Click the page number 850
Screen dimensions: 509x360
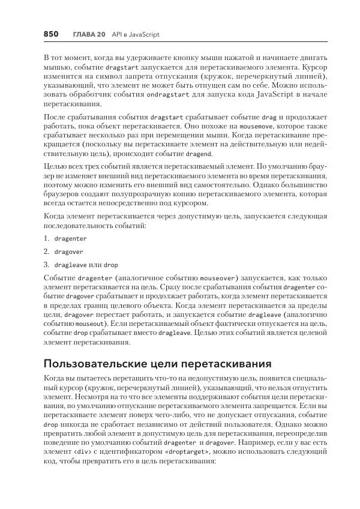click(x=50, y=35)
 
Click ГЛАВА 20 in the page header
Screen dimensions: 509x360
click(x=89, y=35)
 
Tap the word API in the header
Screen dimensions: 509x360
click(x=118, y=35)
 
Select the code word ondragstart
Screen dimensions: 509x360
click(x=169, y=94)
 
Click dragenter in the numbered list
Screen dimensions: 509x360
click(x=70, y=238)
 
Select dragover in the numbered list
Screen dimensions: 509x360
click(x=68, y=251)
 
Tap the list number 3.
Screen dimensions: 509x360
click(x=46, y=265)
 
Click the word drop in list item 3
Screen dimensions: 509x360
click(x=111, y=265)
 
